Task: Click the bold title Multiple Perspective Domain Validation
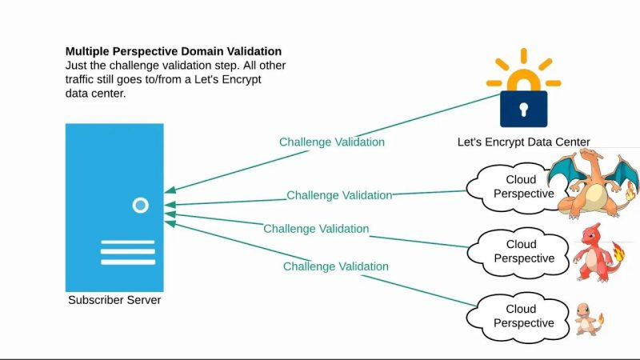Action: click(173, 51)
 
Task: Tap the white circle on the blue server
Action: click(140, 206)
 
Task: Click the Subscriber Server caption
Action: click(114, 300)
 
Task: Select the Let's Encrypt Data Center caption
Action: click(523, 142)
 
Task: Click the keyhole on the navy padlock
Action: click(523, 108)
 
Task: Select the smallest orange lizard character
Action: click(588, 318)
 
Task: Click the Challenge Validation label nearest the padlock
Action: click(331, 142)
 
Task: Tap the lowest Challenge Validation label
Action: click(336, 266)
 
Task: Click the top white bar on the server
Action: click(127, 242)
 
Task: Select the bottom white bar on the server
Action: click(127, 262)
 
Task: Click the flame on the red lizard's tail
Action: click(619, 249)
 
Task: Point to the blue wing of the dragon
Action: click(566, 171)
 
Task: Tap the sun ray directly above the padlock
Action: click(524, 56)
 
